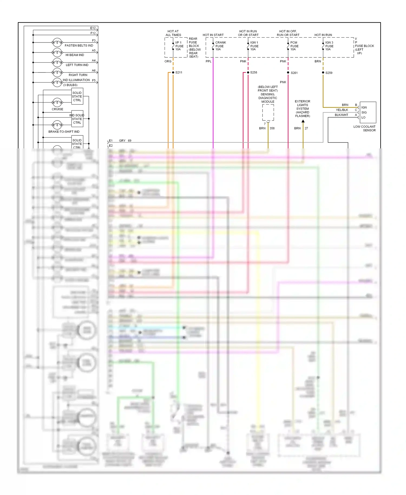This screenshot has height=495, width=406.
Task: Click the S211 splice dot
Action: pyautogui.click(x=173, y=73)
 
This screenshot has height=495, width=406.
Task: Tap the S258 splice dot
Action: pyautogui.click(x=248, y=73)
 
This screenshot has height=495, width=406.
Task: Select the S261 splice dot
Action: pyautogui.click(x=288, y=73)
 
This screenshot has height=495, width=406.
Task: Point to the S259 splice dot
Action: pyautogui.click(x=323, y=73)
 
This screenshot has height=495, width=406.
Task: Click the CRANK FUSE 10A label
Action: pyautogui.click(x=220, y=46)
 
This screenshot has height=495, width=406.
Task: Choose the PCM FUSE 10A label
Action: pyautogui.click(x=294, y=46)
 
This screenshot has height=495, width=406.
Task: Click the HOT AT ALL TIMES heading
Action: pyautogui.click(x=173, y=33)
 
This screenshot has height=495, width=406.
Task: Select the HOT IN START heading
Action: pyautogui.click(x=213, y=35)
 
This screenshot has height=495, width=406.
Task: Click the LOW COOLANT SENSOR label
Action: pyautogui.click(x=365, y=128)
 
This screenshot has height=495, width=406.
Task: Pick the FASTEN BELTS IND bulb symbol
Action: pyautogui.click(x=57, y=43)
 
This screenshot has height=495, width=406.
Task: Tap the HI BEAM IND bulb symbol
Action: pyautogui.click(x=57, y=53)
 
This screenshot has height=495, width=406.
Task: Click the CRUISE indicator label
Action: pyautogui.click(x=57, y=109)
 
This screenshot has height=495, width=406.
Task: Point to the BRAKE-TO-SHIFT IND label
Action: pyautogui.click(x=64, y=132)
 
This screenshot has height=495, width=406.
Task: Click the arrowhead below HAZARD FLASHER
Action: pyautogui.click(x=303, y=121)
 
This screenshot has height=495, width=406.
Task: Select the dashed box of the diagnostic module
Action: pyautogui.click(x=268, y=112)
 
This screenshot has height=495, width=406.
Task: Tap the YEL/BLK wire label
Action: pyautogui.click(x=342, y=110)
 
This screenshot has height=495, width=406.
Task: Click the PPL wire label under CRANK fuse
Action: pyautogui.click(x=208, y=61)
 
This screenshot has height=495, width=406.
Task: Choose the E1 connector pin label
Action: pyautogui.click(x=111, y=141)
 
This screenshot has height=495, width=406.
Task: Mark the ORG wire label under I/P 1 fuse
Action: pyautogui.click(x=168, y=61)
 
